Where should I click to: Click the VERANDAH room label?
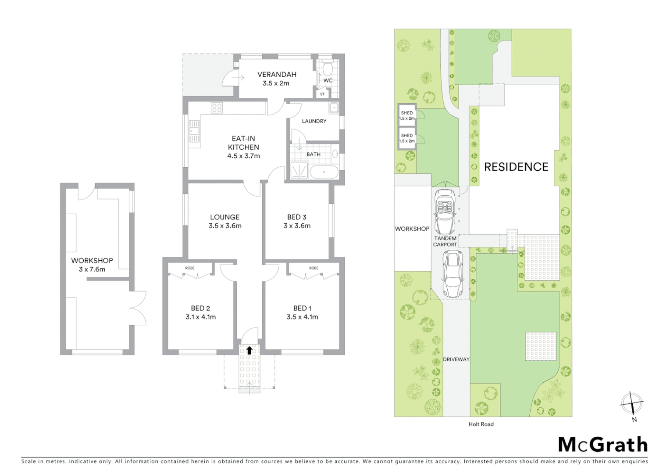[x=277, y=75]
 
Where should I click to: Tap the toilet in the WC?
[x=327, y=69]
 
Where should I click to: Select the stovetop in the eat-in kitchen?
[x=217, y=108]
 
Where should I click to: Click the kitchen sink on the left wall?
[x=194, y=130]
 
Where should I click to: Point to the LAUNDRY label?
[x=314, y=121]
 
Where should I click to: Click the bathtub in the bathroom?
[x=324, y=172]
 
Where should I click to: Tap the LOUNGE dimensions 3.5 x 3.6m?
[x=225, y=226]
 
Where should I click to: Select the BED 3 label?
[x=296, y=217]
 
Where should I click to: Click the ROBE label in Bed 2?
[x=190, y=268]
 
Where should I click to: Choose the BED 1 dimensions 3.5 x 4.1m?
[x=302, y=317]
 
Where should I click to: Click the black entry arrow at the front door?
[x=249, y=350]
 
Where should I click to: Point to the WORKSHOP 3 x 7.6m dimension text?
[x=92, y=269]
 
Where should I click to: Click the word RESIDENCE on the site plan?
[x=516, y=167]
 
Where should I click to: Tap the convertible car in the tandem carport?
[x=445, y=212]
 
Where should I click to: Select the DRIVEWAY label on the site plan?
[x=456, y=359]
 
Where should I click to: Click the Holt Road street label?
[x=481, y=424]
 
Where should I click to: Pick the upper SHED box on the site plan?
[x=407, y=115]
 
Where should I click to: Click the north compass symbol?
[x=632, y=403]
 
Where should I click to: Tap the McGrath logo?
[x=602, y=445]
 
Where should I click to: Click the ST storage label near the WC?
[x=322, y=94]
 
